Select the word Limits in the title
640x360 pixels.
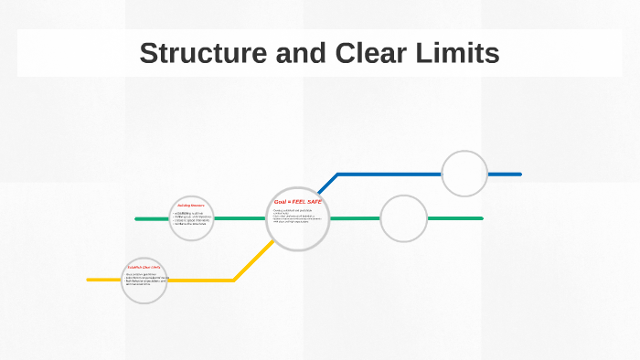click(460, 53)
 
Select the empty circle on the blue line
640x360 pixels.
click(464, 174)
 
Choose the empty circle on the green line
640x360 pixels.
click(403, 218)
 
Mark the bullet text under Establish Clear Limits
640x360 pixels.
click(144, 278)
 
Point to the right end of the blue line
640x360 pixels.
click(519, 174)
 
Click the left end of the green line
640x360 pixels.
click(137, 219)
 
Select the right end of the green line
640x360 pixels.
click(481, 218)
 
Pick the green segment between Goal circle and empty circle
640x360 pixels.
click(354, 218)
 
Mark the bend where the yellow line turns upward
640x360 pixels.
click(234, 280)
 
